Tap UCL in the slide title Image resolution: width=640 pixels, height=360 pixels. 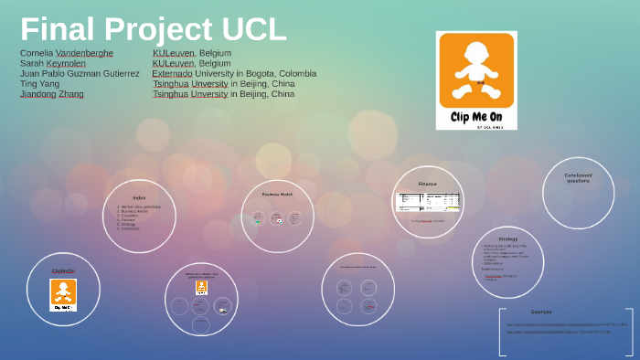pos(251,29)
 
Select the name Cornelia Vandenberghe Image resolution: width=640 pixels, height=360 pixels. pos(67,53)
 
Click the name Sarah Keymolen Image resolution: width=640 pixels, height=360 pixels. pos(53,63)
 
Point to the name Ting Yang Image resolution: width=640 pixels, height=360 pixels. pos(39,83)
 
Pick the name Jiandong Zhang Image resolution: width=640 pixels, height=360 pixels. pos(51,94)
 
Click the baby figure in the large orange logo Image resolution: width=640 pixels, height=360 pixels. pos(476,69)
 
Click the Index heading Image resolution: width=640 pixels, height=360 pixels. pos(139,197)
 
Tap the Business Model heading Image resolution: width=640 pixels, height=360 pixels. pos(277,194)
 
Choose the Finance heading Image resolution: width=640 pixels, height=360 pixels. pos(428,184)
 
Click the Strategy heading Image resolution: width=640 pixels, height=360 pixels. pos(507,238)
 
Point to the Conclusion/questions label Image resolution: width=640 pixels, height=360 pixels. pos(578,177)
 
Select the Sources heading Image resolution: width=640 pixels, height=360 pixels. pos(541,312)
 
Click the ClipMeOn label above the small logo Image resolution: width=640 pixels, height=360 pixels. pos(63,270)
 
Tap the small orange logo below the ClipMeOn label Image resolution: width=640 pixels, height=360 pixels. pos(63,294)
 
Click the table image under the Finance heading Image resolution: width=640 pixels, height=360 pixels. pos(428,202)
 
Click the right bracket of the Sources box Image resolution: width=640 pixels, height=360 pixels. pos(630,331)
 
